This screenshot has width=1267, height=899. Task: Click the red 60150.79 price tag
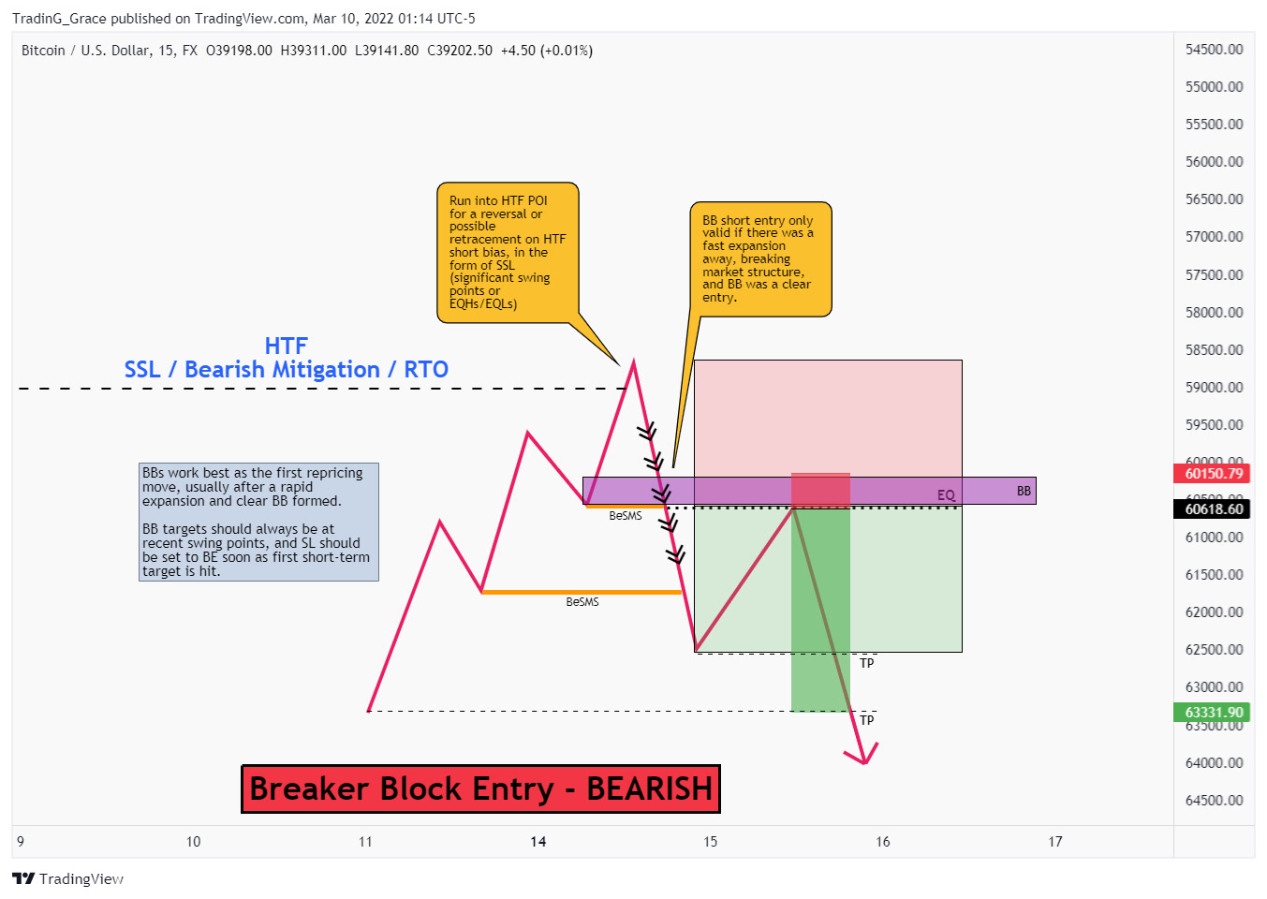1213,473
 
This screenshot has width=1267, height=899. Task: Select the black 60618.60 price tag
1213,508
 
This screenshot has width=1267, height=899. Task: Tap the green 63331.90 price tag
1213,712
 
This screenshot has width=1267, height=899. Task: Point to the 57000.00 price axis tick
1214,237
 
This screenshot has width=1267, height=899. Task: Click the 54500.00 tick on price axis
1214,50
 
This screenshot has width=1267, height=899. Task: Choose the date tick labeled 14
538,842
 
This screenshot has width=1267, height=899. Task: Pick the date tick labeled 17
1055,842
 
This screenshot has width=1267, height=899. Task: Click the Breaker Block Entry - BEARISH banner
480,788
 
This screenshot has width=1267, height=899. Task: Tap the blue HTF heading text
286,346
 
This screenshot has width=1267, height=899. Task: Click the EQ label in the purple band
946,494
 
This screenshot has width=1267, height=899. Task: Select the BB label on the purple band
1024,491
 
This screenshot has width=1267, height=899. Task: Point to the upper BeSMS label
626,516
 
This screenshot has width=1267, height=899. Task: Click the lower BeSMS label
582,602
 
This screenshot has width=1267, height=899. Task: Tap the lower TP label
867,720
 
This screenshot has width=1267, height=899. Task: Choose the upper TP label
867,663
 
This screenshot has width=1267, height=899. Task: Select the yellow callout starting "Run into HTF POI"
508,252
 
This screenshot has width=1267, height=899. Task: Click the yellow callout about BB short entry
759,258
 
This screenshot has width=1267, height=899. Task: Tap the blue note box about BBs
258,522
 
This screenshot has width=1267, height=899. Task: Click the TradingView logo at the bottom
67,878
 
